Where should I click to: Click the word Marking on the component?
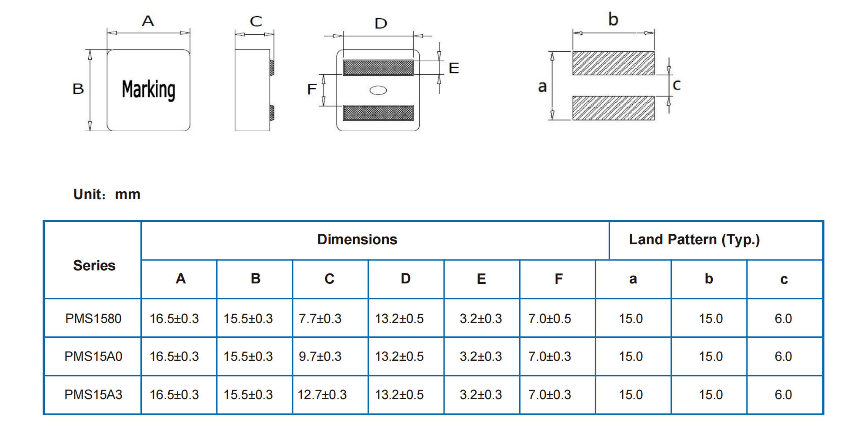click(148, 90)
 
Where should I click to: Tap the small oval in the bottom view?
click(378, 90)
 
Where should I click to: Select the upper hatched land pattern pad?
click(613, 63)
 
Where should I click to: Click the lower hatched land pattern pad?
click(613, 108)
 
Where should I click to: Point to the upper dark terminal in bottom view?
click(378, 67)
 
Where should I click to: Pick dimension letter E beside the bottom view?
click(454, 68)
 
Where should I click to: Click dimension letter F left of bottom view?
click(311, 90)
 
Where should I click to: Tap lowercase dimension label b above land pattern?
click(613, 20)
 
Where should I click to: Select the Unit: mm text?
click(107, 194)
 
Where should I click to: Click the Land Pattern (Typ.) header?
click(694, 240)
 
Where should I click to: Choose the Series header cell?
click(94, 266)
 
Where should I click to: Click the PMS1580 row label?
click(93, 319)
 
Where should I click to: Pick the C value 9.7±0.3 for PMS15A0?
click(320, 356)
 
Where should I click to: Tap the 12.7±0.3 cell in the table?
click(322, 395)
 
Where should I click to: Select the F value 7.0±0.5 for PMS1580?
click(550, 319)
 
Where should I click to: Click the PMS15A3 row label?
click(93, 395)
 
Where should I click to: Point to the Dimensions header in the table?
click(357, 240)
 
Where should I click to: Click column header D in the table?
click(405, 279)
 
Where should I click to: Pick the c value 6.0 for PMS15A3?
click(783, 395)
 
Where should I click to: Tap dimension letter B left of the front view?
click(78, 89)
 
